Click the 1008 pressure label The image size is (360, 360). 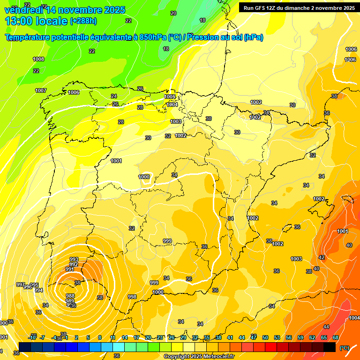coord(38,59)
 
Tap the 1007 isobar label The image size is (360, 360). coord(41,90)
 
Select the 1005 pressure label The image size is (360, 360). coord(170,97)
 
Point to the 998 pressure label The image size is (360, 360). coord(132,297)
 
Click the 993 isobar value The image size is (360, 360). coord(74,259)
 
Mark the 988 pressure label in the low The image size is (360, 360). coord(70,296)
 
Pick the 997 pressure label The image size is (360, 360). coord(20,285)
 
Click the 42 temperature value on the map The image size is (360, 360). coord(322,257)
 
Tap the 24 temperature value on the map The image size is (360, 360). coord(114,96)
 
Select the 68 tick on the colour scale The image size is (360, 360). coord(336,337)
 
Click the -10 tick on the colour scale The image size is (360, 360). coord(32,337)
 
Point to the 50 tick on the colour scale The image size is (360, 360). coord(265,337)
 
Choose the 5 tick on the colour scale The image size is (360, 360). coord(88,337)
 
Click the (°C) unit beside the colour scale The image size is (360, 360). coord(344,348)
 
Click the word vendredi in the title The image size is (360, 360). coord(24,10)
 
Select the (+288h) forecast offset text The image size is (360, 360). coord(83,21)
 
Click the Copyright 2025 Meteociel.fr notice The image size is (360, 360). coord(199,356)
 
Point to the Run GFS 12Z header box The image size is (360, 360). coord(299,7)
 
